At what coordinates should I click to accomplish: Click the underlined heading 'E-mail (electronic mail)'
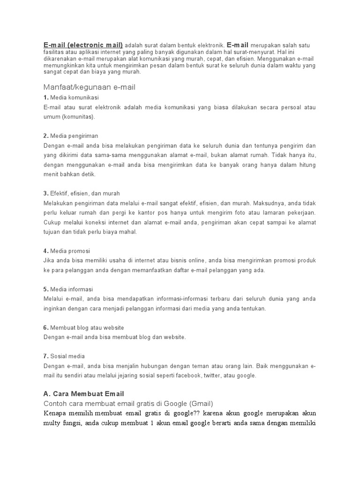pos(83,45)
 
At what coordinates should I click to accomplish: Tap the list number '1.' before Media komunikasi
pos(45,97)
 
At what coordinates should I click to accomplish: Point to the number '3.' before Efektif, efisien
pos(45,193)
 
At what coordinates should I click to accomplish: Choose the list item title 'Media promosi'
pos(70,251)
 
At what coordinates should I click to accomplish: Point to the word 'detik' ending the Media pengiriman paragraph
pos(89,174)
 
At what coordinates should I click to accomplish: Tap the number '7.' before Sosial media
pos(45,356)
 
